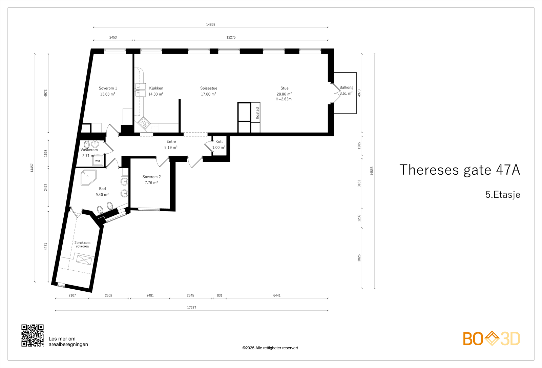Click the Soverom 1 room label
pos(108,88)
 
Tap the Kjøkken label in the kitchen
pos(156,88)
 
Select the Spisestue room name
pos(209,88)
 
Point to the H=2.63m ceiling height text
pos(284,99)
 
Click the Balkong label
pos(346,87)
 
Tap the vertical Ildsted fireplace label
pos(257,113)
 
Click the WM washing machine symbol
pos(98,161)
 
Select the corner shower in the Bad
pos(88,178)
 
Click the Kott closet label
pos(219,141)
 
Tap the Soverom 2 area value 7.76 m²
pos(151,183)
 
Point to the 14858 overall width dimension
pos(210,24)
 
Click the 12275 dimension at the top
pos(231,37)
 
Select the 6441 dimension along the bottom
pos(277,295)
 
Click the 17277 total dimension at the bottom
pos(191,307)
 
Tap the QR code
pos(33,335)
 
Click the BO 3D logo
pos(492,338)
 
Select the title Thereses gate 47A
pos(460,170)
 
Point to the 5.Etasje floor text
pos(503,195)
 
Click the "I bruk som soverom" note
pos(82,244)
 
